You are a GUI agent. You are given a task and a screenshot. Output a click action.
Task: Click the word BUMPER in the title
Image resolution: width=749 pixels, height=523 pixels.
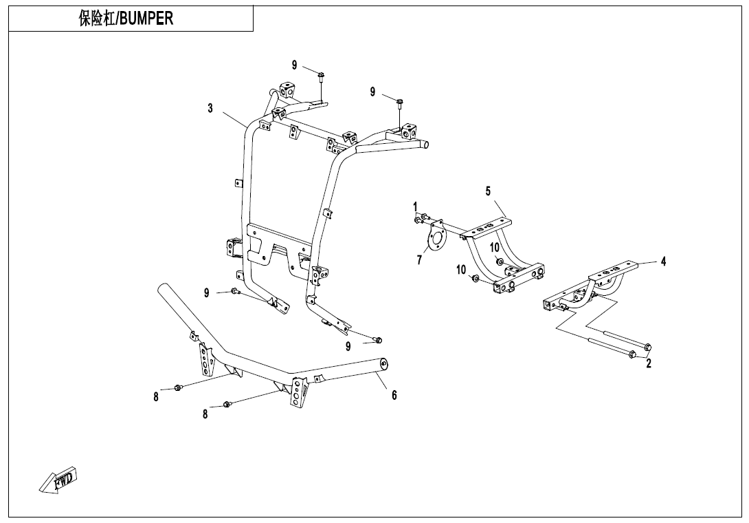(145, 18)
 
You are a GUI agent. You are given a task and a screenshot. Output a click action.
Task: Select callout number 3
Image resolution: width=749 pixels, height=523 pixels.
(210, 109)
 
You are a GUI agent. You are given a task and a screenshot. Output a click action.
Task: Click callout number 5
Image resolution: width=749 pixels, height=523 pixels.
(488, 191)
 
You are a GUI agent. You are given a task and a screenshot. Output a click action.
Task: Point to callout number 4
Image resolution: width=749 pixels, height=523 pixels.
(663, 261)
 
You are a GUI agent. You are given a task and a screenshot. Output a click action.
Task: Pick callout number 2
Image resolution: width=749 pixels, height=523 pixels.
(649, 363)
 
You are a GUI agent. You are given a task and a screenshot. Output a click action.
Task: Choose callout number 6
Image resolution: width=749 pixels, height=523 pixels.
(394, 395)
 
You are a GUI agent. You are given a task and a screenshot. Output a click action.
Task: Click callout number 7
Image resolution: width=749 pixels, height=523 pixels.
(419, 260)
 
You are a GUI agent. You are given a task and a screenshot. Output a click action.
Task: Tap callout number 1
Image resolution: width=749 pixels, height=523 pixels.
(415, 206)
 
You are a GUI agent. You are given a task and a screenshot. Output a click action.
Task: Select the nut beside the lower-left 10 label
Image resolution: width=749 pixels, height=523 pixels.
(476, 279)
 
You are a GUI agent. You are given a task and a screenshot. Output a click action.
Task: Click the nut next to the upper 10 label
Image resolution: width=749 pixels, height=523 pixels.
(498, 261)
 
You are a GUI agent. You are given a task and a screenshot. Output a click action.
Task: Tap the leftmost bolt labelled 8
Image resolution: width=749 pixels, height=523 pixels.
(178, 387)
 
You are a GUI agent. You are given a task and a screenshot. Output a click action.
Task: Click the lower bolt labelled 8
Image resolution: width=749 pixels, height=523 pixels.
(227, 405)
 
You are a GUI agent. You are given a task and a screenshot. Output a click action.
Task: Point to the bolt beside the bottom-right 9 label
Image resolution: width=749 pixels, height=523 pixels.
(378, 340)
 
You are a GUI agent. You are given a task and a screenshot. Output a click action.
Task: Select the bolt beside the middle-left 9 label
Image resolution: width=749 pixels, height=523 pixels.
(235, 291)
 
